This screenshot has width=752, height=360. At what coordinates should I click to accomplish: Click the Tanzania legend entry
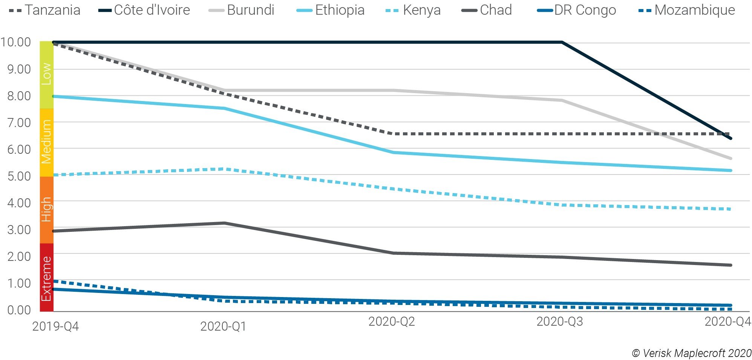(44, 10)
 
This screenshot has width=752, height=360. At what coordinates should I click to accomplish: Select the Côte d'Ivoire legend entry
(144, 10)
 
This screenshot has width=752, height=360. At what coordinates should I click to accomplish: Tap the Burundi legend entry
(242, 10)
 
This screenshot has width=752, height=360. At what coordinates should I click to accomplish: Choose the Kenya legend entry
(414, 10)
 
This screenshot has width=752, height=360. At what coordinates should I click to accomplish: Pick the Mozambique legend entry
(686, 10)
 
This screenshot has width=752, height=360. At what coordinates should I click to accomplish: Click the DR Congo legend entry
(577, 10)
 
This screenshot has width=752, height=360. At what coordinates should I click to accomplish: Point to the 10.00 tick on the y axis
(16, 42)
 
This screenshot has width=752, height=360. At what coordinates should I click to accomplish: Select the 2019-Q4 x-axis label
(55, 326)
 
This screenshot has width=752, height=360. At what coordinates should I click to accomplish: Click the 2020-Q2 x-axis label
(391, 322)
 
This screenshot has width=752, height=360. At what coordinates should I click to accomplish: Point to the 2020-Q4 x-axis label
(727, 322)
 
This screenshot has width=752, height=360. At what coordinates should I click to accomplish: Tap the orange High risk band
(46, 210)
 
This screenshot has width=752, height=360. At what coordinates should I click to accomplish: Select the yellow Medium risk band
(46, 142)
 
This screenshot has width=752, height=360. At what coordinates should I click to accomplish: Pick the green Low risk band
(46, 75)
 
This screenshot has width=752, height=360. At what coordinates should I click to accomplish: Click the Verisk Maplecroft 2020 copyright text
(692, 353)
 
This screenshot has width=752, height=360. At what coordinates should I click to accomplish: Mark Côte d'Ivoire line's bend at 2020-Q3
(562, 42)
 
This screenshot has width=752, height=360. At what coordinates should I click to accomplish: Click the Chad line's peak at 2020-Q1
(225, 223)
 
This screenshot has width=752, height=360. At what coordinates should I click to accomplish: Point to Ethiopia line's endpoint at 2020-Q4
(731, 170)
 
